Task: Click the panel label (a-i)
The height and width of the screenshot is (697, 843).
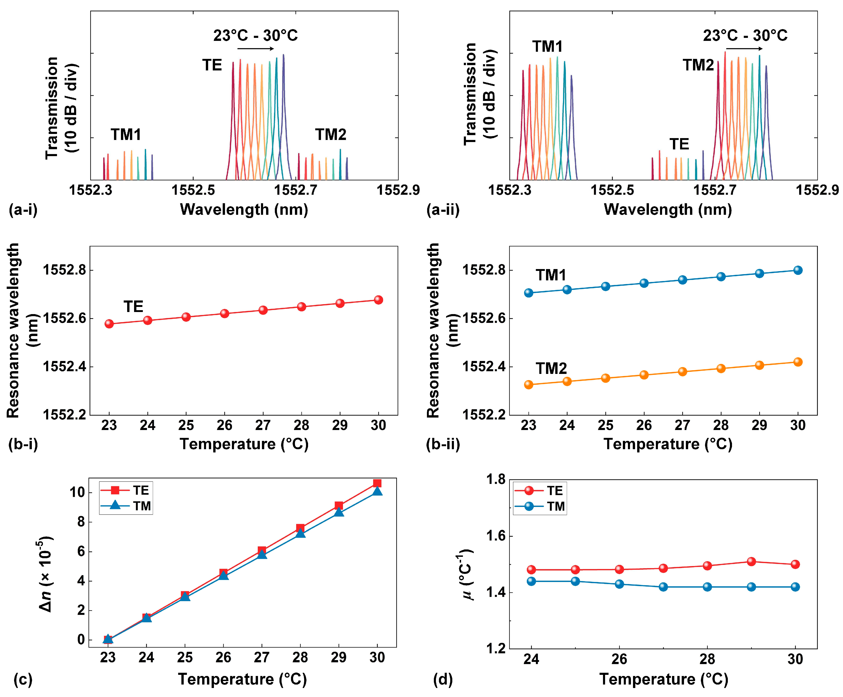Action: coord(23,209)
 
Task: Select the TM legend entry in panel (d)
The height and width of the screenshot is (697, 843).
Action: coord(540,506)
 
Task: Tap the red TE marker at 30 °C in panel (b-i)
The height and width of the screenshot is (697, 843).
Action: coord(378,300)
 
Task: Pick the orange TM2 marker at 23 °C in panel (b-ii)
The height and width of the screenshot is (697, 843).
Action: coord(528,385)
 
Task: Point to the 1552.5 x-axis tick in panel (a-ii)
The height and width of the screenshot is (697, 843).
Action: coord(612,190)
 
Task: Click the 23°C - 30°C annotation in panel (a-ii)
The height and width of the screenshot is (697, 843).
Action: coord(745,35)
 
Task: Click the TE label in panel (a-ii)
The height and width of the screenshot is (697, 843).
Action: coord(679,144)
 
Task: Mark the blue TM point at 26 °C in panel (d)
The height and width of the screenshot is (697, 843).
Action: coord(619,584)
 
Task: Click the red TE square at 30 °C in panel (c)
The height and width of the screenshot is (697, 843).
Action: coord(377,483)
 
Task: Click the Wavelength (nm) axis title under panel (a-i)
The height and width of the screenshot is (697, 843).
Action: coord(244,209)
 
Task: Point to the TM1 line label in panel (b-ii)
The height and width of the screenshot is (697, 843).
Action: coord(550,276)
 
